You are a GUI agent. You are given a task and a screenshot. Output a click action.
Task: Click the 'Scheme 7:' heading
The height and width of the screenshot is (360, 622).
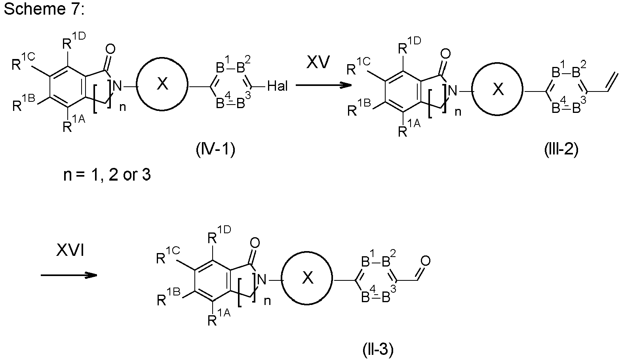click(44, 9)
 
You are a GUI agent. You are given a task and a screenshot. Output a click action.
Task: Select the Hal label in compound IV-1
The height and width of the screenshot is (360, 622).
click(278, 86)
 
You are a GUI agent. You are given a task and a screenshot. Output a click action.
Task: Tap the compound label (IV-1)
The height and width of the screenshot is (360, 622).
click(215, 150)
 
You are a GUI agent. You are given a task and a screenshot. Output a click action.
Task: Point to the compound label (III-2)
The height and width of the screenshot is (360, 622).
click(561, 150)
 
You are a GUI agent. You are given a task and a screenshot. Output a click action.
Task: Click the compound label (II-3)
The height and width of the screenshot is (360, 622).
click(378, 349)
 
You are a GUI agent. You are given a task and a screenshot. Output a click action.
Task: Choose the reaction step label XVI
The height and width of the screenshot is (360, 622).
click(70, 250)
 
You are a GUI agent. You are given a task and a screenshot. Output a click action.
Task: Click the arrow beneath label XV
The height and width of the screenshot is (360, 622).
click(324, 85)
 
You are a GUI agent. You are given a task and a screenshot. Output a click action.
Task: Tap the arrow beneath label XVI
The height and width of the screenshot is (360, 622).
click(69, 275)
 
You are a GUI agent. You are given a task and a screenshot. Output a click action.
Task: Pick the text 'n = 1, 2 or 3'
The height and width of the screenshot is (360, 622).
click(107, 175)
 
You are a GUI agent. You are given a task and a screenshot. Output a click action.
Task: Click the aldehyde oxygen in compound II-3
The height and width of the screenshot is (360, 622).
click(425, 261)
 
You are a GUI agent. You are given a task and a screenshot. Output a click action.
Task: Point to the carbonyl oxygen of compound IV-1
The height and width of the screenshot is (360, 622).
click(110, 49)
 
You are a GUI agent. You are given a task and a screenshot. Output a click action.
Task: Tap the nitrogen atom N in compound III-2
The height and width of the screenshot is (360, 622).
click(452, 90)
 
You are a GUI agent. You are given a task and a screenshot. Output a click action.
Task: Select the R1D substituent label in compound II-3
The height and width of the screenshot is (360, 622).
click(219, 235)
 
